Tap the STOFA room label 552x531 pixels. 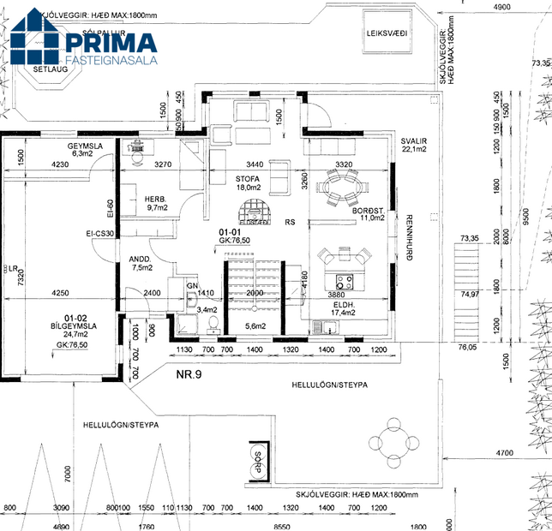248,178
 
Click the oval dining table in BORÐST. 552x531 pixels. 341,185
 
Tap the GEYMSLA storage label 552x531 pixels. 86,146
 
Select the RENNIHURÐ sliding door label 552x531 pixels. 409,237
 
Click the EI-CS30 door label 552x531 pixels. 100,233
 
